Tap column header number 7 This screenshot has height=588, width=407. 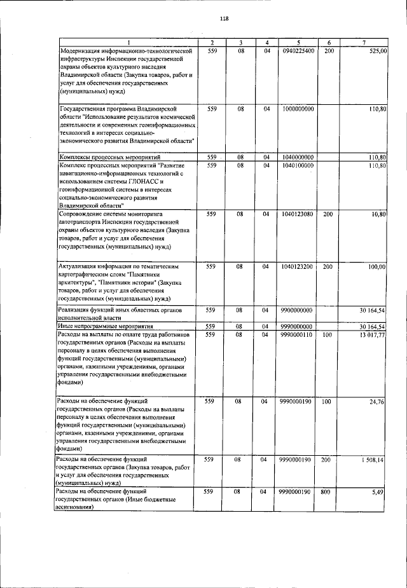[363, 42]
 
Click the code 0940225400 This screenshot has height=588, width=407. [297, 50]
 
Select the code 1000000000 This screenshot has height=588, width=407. [297, 109]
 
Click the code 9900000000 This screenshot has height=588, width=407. [297, 310]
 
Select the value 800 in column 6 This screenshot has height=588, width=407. [328, 492]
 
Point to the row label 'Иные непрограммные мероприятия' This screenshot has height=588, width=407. [109, 326]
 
